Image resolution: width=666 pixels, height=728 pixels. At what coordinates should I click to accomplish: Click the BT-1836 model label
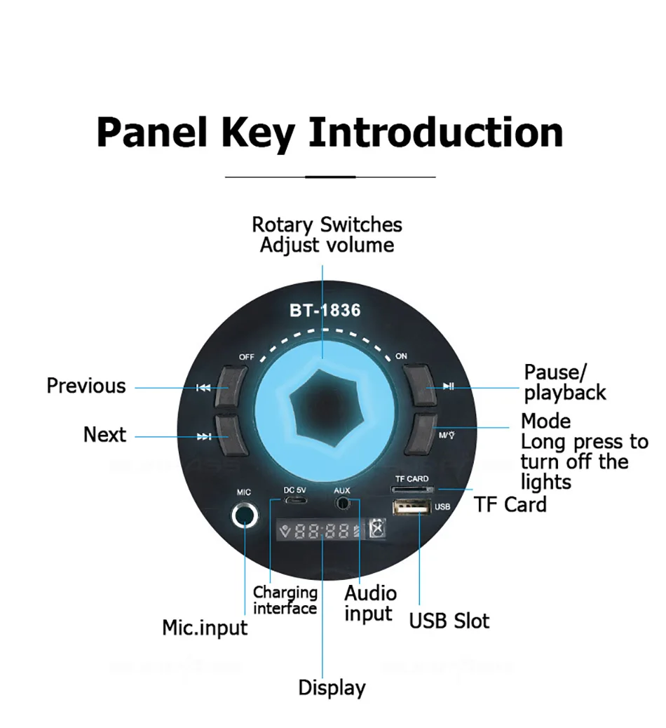[x=325, y=309]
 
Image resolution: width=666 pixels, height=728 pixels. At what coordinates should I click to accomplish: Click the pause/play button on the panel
[x=422, y=385]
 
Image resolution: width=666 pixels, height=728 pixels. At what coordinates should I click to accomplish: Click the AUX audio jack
[x=343, y=503]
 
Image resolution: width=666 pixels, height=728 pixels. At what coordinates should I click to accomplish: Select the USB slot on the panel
[x=412, y=507]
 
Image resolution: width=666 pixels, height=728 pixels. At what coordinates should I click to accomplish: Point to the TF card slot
[x=412, y=489]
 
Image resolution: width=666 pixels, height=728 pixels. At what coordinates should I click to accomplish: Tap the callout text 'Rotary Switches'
[x=327, y=225]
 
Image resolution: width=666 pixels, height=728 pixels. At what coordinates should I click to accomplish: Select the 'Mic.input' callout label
[x=205, y=626]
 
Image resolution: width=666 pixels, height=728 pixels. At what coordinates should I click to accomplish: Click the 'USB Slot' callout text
[x=449, y=621]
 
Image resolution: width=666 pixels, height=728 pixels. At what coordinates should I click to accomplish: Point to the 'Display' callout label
[x=332, y=687]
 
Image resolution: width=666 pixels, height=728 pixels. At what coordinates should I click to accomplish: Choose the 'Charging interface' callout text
[x=285, y=600]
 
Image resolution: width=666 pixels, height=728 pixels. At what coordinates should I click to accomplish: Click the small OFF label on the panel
[x=246, y=357]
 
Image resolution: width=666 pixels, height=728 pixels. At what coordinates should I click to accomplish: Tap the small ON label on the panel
[x=401, y=356]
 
